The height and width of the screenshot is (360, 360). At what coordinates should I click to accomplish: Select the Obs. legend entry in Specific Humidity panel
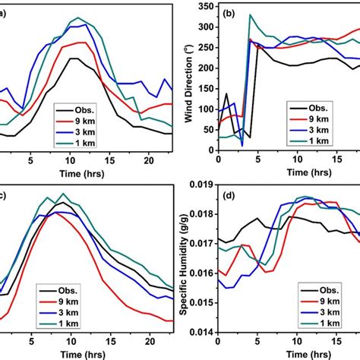click(x=327, y=290)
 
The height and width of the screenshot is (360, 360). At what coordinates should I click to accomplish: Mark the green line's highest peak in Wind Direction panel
click(x=251, y=14)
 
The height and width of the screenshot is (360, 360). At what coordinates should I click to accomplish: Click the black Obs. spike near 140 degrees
click(x=226, y=94)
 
